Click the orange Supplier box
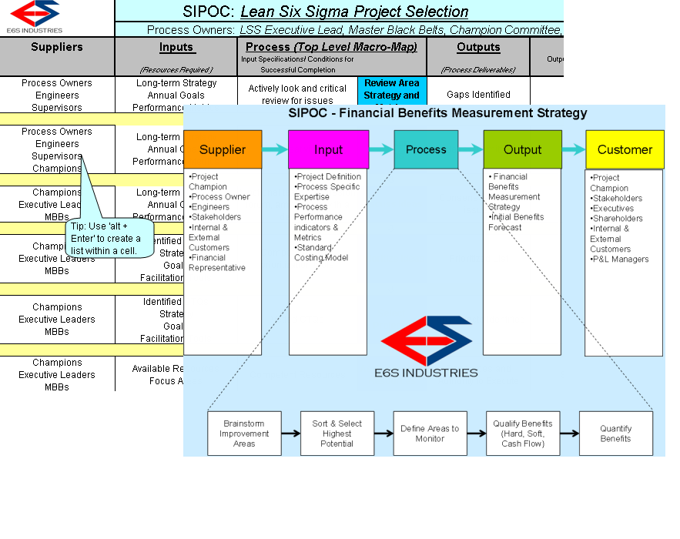(x=223, y=149)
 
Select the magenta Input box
(x=328, y=149)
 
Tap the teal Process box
(x=426, y=149)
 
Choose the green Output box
(x=522, y=149)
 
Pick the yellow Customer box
(x=625, y=149)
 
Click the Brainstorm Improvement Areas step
(x=244, y=434)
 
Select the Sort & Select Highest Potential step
(x=337, y=434)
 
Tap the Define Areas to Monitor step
(x=430, y=434)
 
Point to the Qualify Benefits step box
(x=522, y=434)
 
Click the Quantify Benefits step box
(x=615, y=434)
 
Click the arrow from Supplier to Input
(x=275, y=149)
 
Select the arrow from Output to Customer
(x=574, y=149)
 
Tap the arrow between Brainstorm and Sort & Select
(x=290, y=434)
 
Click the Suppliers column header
(x=57, y=48)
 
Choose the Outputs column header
(x=478, y=48)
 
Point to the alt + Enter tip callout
(x=111, y=239)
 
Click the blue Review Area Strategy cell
(x=392, y=90)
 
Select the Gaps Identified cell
(x=478, y=95)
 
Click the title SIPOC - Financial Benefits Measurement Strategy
(x=437, y=113)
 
